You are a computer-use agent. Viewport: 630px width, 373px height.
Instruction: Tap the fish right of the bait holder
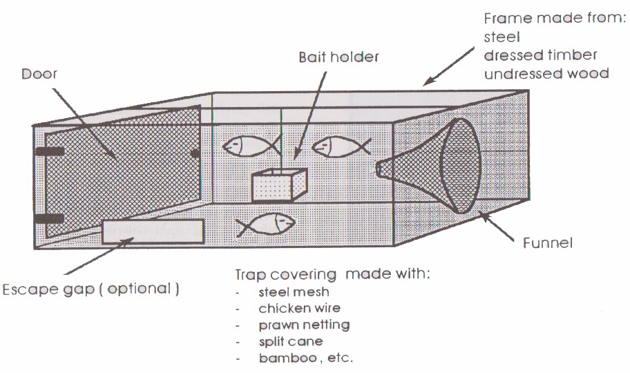(339, 146)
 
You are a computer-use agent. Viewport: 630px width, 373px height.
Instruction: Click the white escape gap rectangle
(153, 232)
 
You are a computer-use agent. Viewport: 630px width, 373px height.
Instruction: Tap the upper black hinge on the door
(48, 151)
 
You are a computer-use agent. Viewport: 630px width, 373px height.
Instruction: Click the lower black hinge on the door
(48, 220)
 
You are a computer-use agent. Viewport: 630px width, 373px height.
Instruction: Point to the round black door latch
(195, 153)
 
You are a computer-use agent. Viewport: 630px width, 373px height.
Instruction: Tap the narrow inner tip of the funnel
(381, 168)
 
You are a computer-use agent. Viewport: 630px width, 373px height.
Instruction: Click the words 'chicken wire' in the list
(299, 308)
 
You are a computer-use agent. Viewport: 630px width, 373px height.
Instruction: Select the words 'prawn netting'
(304, 325)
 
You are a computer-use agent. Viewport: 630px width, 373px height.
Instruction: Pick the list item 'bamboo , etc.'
(305, 358)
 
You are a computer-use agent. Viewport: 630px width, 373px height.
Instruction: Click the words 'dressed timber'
(540, 55)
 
